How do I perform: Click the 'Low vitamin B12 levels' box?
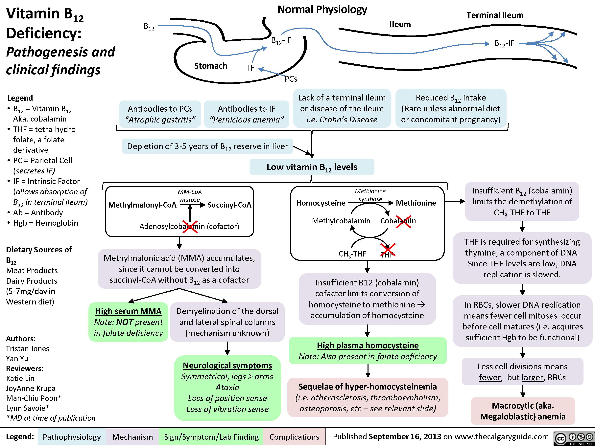click(312, 167)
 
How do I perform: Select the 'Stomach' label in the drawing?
click(211, 66)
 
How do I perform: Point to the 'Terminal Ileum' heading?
click(495, 15)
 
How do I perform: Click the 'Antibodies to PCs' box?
click(160, 114)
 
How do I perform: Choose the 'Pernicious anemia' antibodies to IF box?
click(246, 114)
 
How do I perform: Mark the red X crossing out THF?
click(388, 250)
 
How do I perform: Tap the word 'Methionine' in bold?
click(416, 203)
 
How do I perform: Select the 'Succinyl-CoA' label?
click(229, 205)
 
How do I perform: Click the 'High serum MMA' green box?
click(128, 322)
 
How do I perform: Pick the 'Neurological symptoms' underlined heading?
click(227, 366)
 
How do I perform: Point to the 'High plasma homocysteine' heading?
click(368, 346)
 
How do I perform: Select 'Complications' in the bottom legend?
click(294, 437)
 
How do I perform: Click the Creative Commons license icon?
click(574, 438)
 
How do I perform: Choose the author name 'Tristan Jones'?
click(28, 349)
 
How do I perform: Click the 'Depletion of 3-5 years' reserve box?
click(207, 146)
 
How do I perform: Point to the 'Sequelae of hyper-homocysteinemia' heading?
click(368, 387)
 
